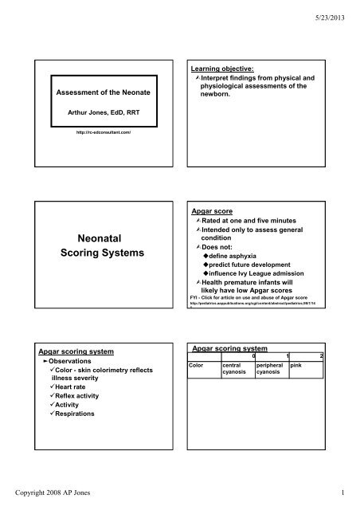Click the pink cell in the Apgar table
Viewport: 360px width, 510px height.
[297, 363]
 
